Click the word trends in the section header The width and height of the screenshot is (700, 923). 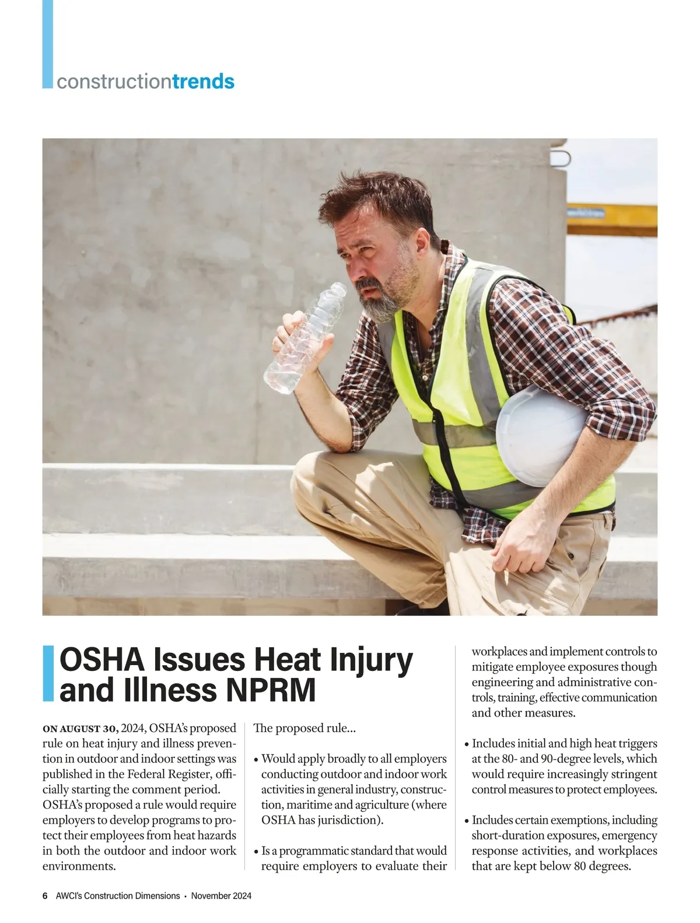pos(204,81)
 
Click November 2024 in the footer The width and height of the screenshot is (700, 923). pos(221,896)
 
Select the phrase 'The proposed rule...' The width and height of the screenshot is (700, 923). pos(305,728)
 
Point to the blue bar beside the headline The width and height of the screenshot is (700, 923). pos(49,673)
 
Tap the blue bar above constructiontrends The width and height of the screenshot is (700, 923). pos(47,44)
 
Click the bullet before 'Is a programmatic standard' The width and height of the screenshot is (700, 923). pos(257,851)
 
